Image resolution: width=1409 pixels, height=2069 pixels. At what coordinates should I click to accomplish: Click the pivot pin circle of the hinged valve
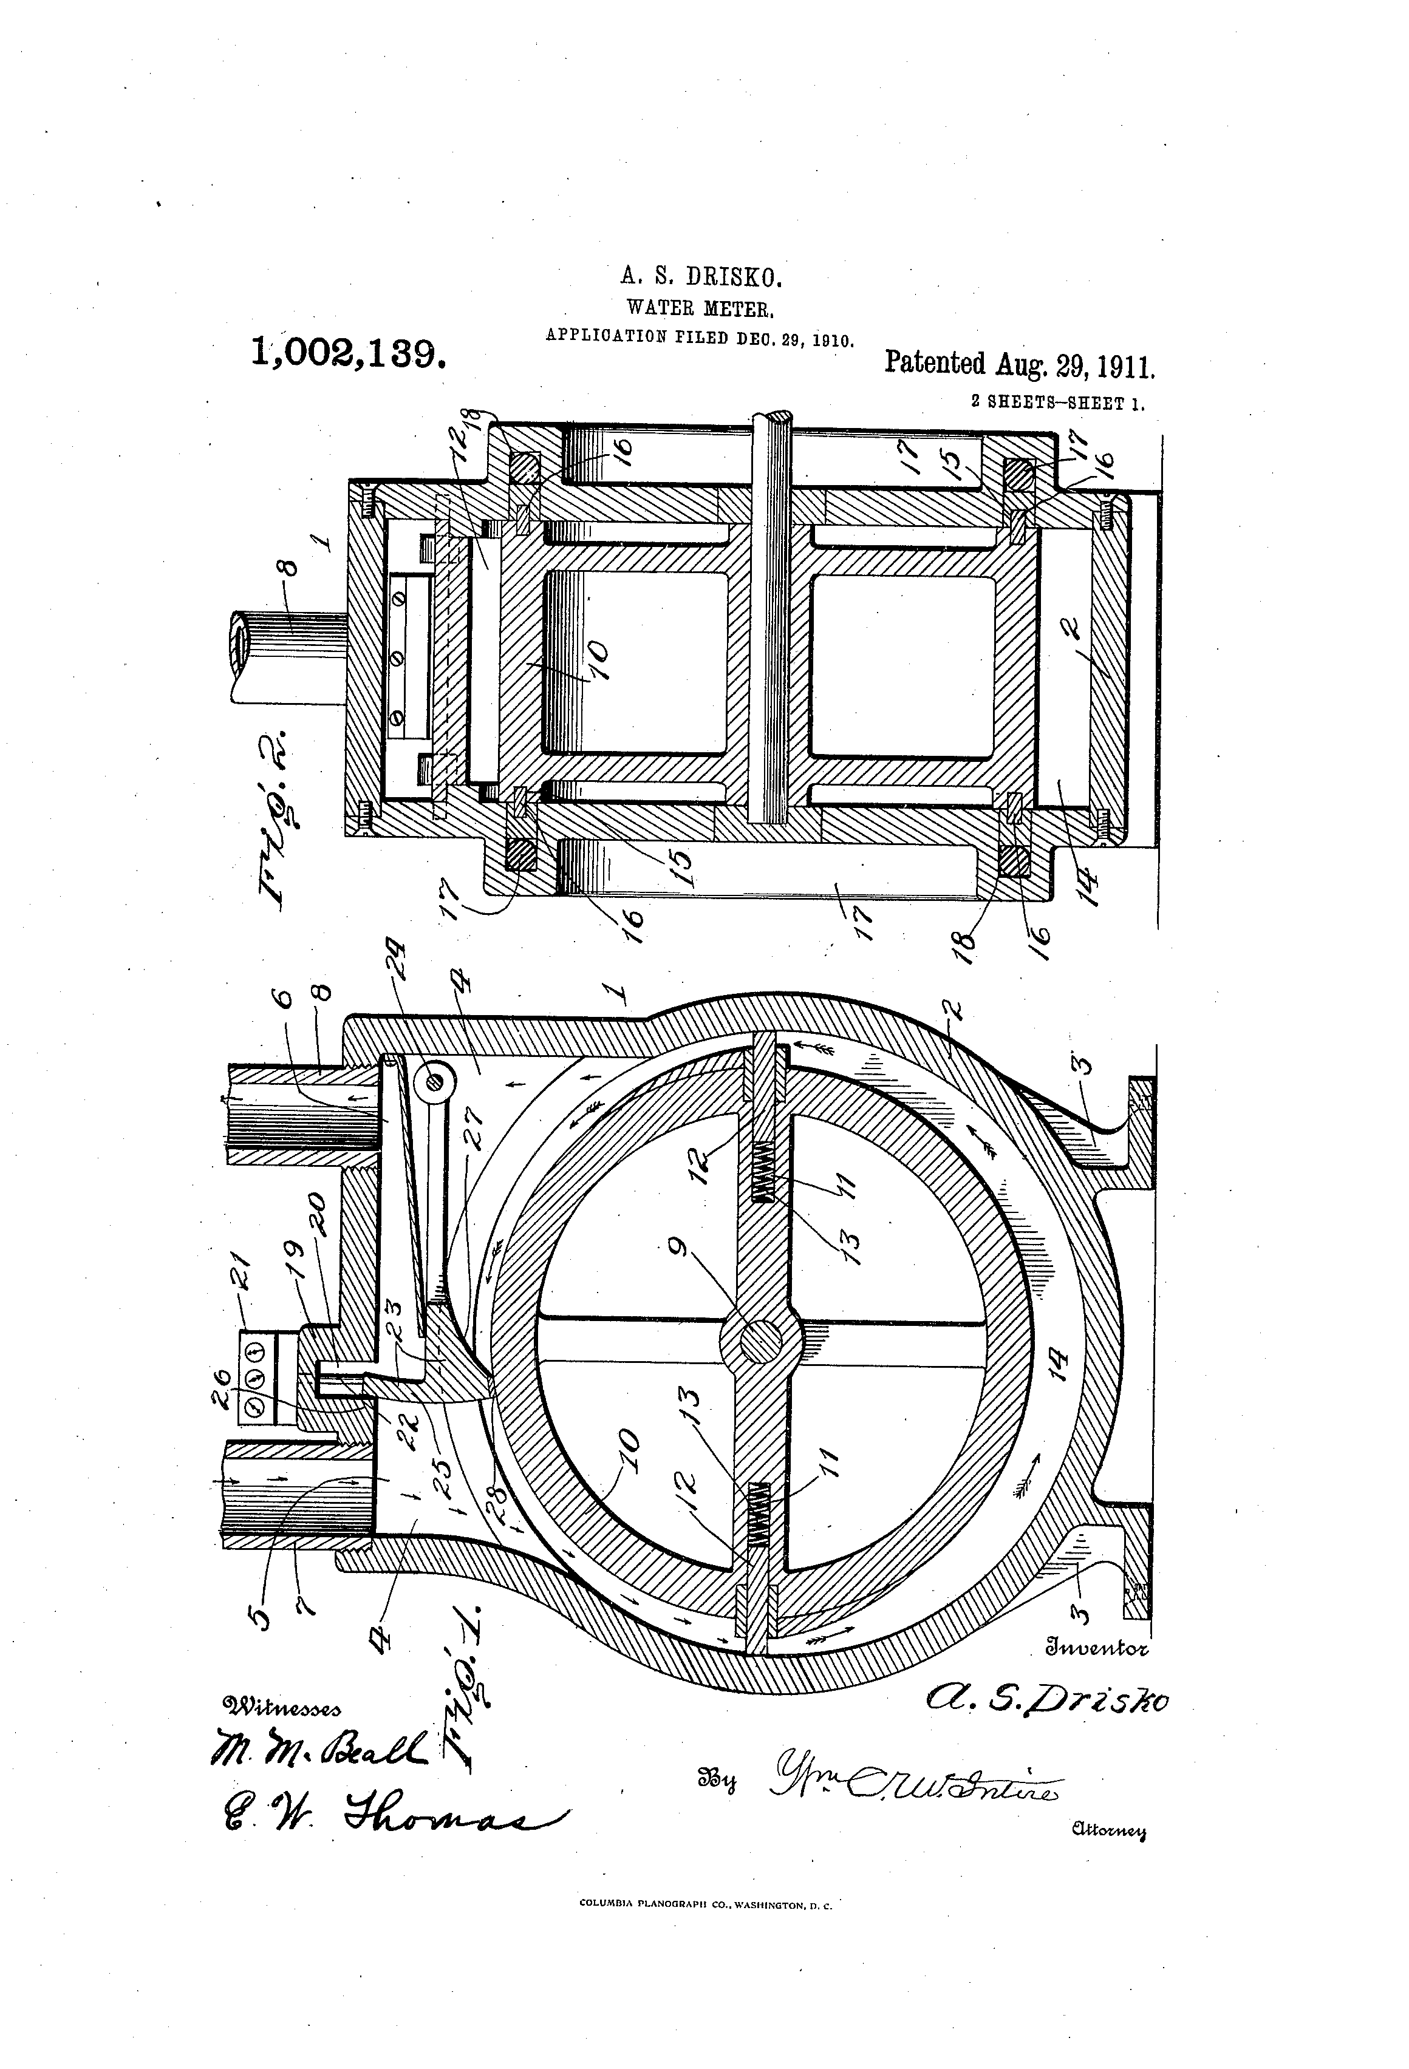(x=434, y=1079)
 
